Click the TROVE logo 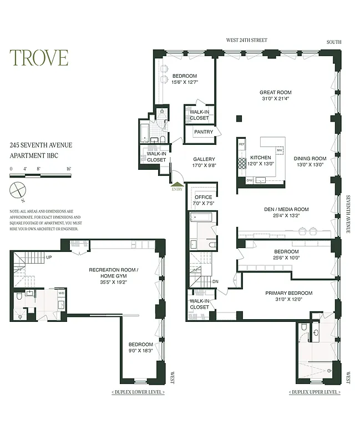(x=39, y=58)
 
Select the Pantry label (x=203, y=132)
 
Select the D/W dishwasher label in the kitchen (x=250, y=180)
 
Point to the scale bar (x=40, y=175)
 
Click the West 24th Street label (x=246, y=41)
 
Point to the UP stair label (x=49, y=258)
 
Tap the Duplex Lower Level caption (x=138, y=392)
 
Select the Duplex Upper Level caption (x=314, y=392)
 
